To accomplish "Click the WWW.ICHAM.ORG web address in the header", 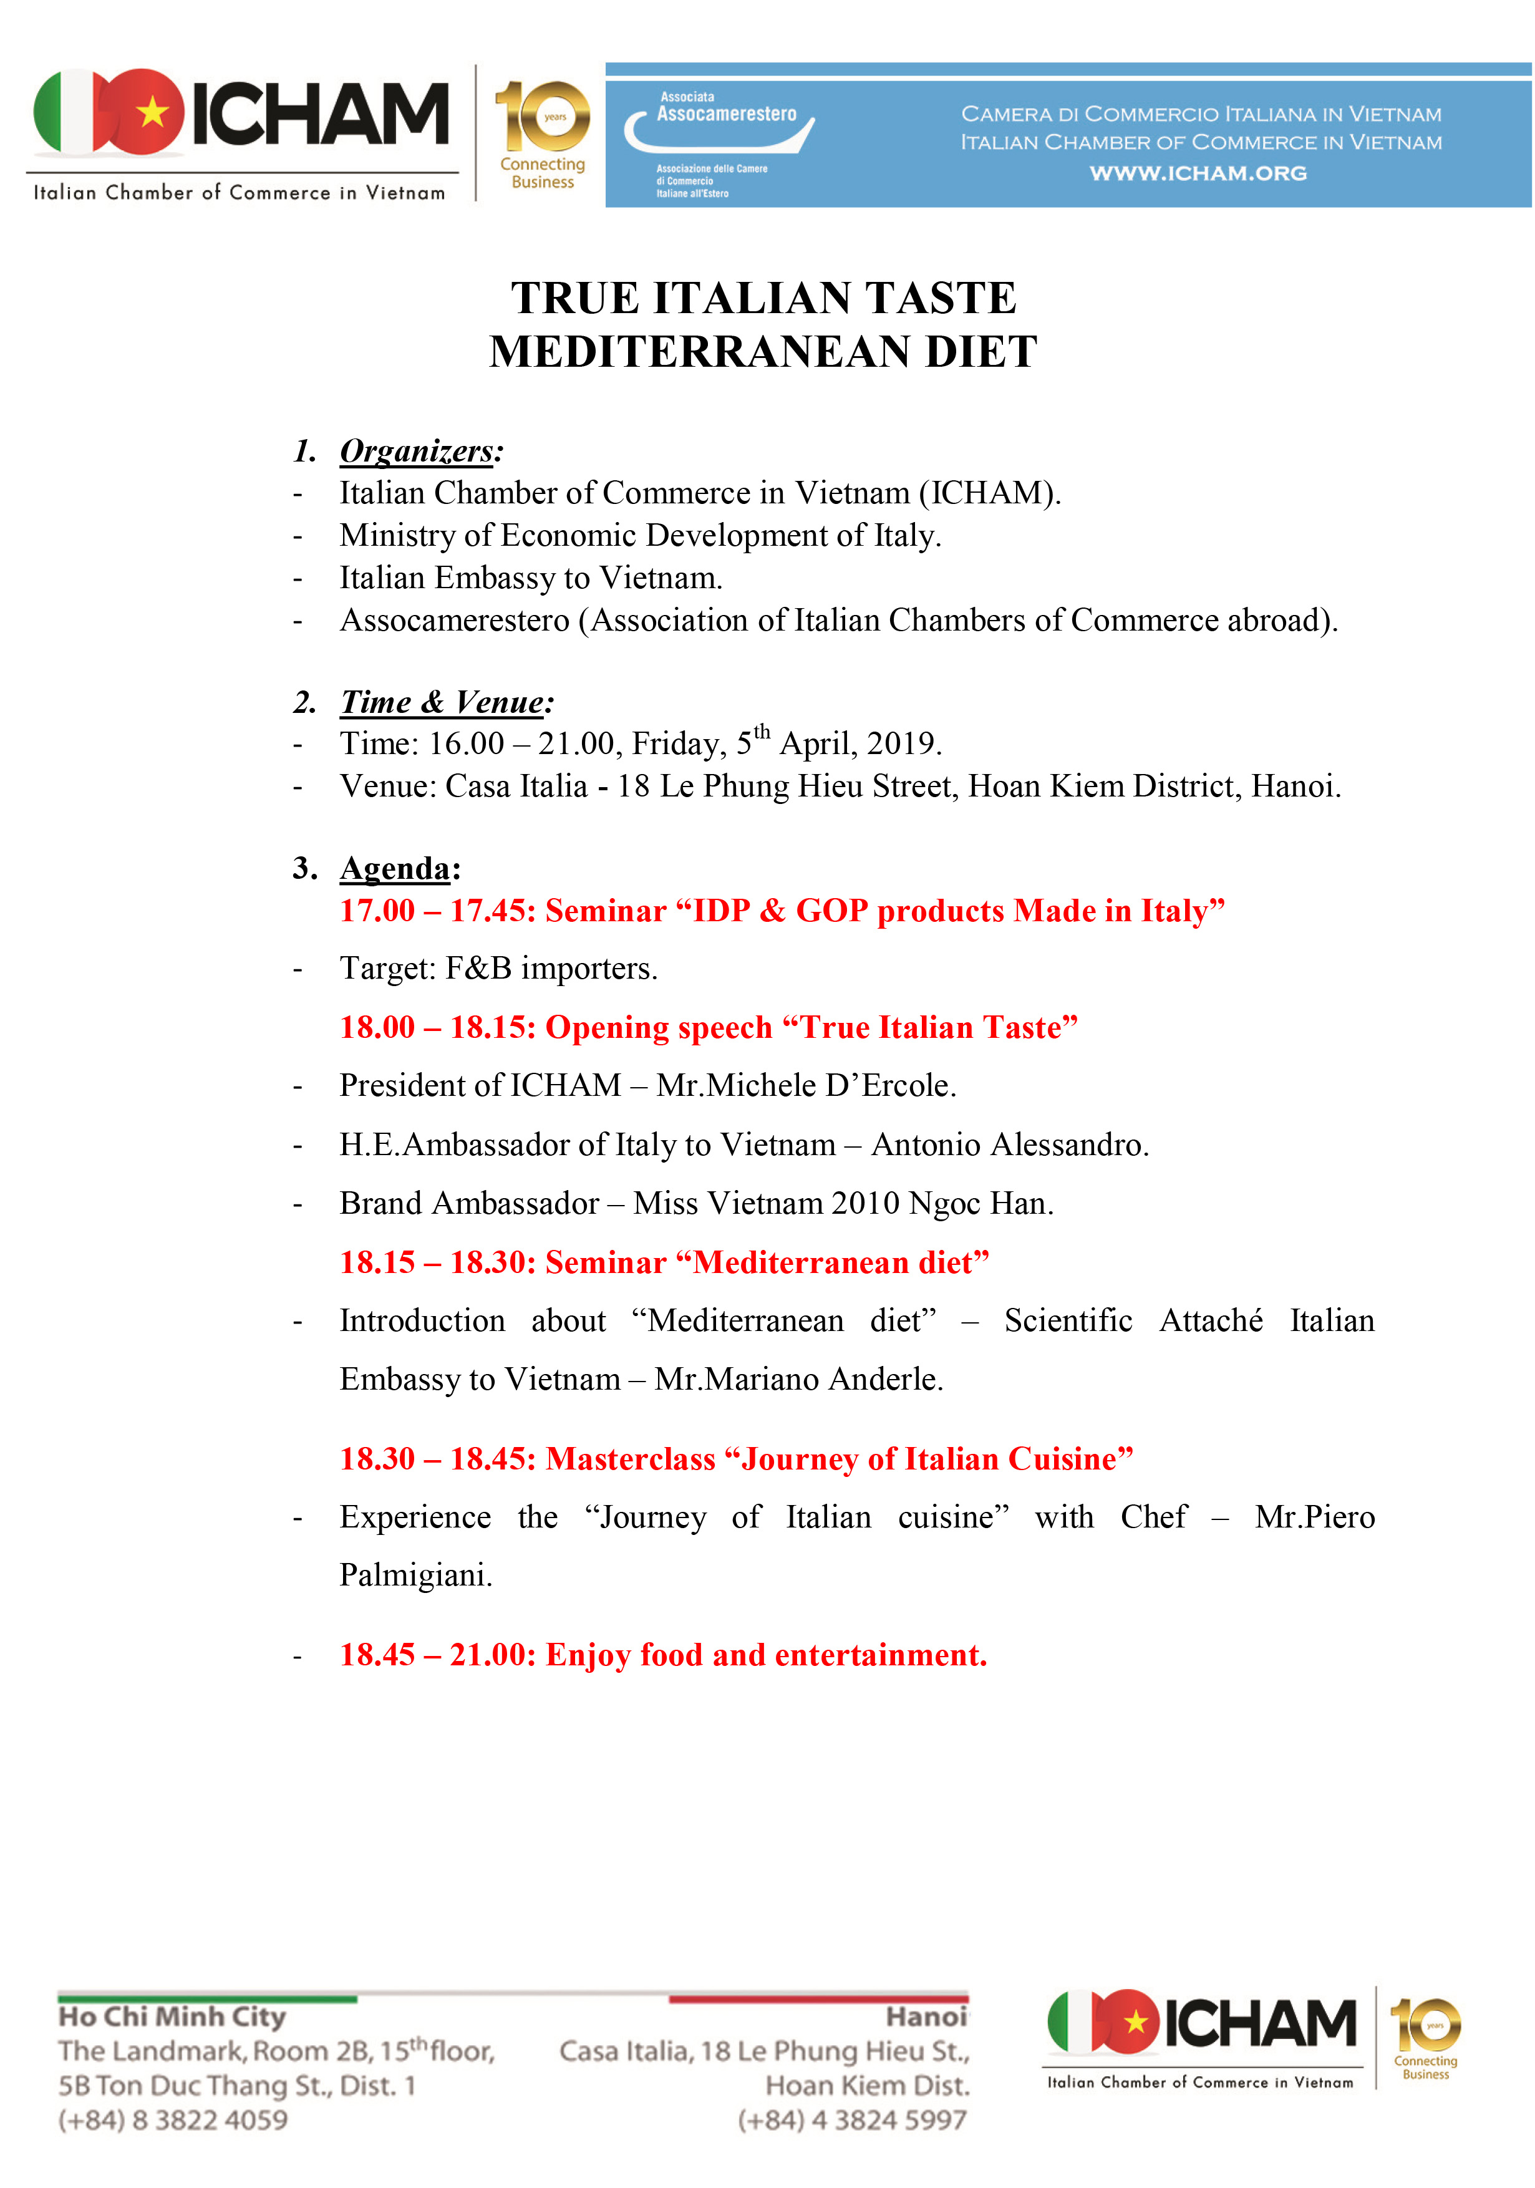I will pyautogui.click(x=1198, y=173).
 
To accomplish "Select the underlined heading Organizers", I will pyautogui.click(x=417, y=451).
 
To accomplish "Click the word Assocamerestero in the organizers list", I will pyautogui.click(x=455, y=621).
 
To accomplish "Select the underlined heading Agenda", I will pyautogui.click(x=394, y=868).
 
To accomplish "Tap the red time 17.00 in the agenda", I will pyautogui.click(x=377, y=911).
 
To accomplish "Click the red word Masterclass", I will pyautogui.click(x=630, y=1459).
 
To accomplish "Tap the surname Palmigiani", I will pyautogui.click(x=415, y=1576).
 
